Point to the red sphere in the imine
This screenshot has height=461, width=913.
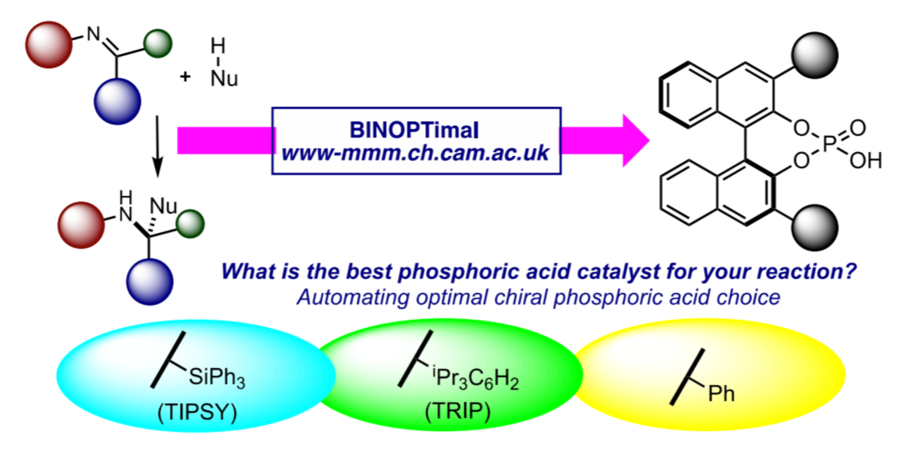click(49, 45)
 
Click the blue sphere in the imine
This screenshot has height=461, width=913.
click(118, 100)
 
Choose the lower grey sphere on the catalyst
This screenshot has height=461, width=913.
click(815, 227)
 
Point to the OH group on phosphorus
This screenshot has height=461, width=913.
click(866, 161)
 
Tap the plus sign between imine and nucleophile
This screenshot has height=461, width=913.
click(185, 76)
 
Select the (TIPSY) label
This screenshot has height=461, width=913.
click(197, 413)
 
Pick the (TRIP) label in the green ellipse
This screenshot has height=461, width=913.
click(457, 412)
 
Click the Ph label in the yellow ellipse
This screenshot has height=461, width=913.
click(721, 394)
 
